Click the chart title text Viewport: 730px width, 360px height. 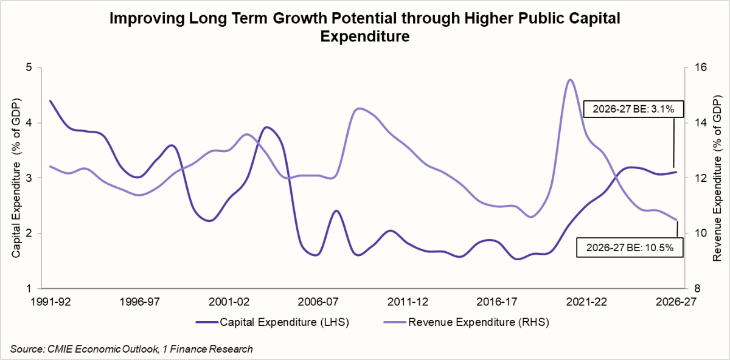(364, 27)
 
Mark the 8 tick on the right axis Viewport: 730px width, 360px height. (695, 288)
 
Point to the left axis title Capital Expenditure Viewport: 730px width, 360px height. (16, 178)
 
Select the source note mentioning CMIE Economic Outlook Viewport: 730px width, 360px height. (131, 348)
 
